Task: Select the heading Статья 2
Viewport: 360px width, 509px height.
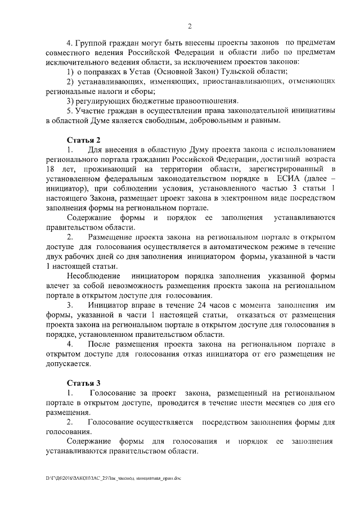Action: pos(84,139)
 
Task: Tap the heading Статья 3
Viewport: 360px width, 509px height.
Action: pos(84,383)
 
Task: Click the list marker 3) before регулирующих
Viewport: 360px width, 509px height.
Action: pos(71,101)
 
